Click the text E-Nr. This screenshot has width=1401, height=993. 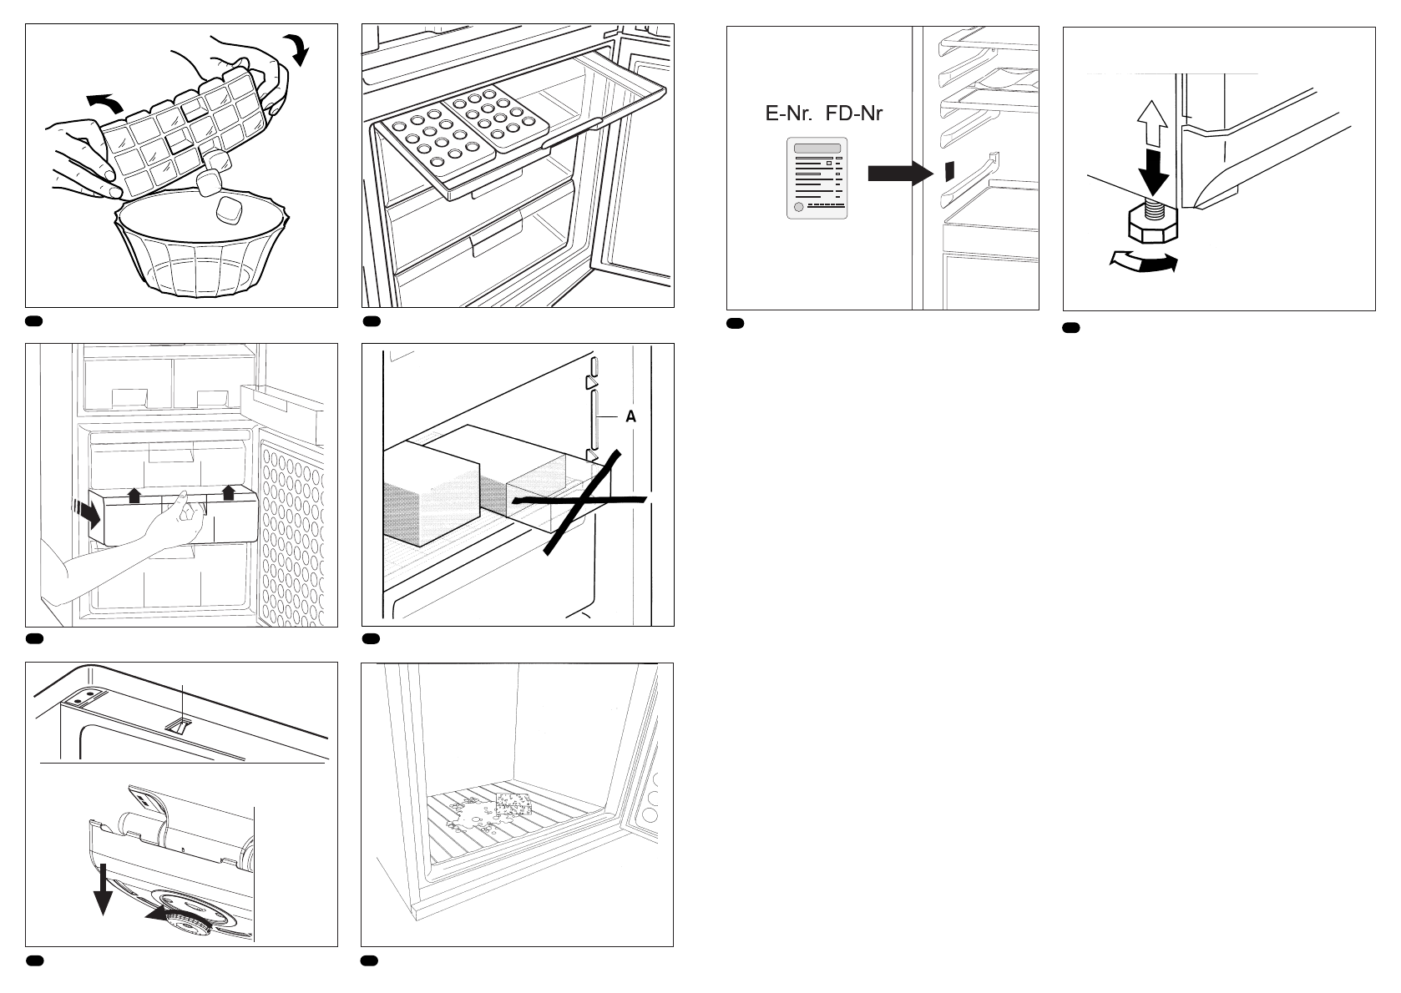point(789,113)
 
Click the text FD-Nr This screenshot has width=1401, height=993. point(854,113)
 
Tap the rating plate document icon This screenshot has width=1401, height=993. point(817,179)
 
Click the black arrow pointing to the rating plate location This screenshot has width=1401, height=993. point(899,174)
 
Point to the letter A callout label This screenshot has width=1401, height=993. point(631,416)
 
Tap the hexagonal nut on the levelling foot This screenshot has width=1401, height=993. point(1152,226)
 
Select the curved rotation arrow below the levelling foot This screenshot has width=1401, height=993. point(1143,262)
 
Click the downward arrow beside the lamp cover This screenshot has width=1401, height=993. point(103,890)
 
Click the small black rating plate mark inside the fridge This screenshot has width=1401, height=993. point(948,170)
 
